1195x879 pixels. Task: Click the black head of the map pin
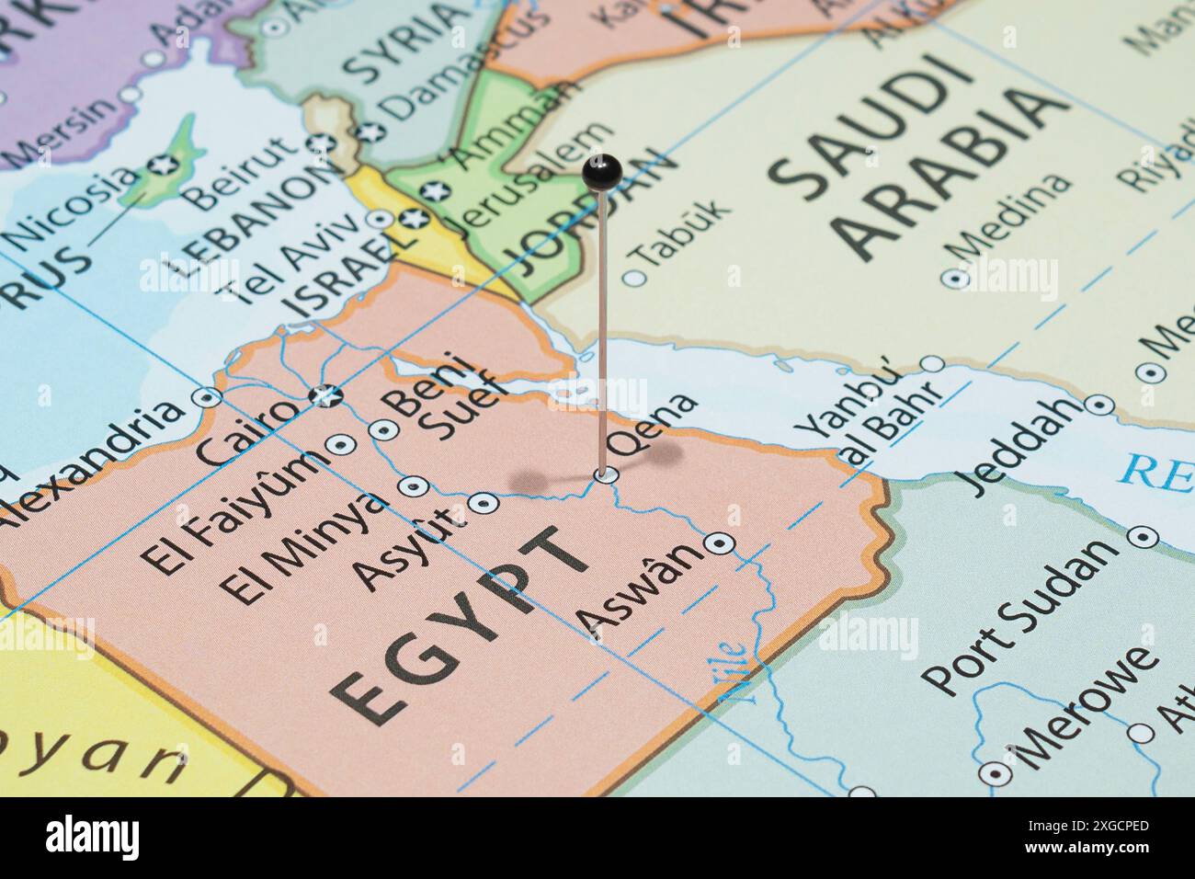[x=602, y=172]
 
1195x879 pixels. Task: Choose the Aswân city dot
[x=719, y=543]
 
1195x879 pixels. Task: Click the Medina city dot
[x=954, y=278]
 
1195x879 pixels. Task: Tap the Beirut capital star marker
[x=321, y=143]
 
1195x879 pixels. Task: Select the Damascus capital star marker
[x=370, y=131]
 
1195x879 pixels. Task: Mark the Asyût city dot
[x=484, y=503]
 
